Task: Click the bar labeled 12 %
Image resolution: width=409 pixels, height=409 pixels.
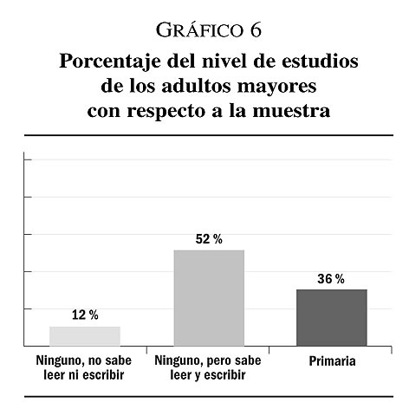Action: pyautogui.click(x=85, y=336)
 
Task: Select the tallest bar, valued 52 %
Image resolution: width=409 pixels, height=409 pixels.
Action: pyautogui.click(x=209, y=298)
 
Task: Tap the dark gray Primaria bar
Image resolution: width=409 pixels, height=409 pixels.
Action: pyautogui.click(x=332, y=318)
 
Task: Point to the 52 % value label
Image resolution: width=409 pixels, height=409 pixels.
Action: pyautogui.click(x=209, y=239)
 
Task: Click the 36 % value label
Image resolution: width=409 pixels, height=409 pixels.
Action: pyautogui.click(x=331, y=279)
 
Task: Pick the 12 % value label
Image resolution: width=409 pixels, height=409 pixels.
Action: pyautogui.click(x=85, y=315)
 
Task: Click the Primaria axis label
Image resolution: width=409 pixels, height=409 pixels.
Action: pyautogui.click(x=332, y=361)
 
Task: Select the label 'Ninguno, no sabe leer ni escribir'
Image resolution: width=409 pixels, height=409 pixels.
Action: pyautogui.click(x=84, y=367)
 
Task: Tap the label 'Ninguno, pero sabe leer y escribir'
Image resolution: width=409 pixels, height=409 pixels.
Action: pyautogui.click(x=208, y=367)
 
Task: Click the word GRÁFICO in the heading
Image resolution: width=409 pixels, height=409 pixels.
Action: pyautogui.click(x=199, y=30)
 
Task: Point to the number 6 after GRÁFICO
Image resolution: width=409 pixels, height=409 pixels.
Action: pyautogui.click(x=256, y=30)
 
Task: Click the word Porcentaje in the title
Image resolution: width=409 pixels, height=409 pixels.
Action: pyautogui.click(x=110, y=62)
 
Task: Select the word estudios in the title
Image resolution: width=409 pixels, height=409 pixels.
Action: pyautogui.click(x=320, y=61)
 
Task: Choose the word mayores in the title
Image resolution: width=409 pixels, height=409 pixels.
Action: pyautogui.click(x=277, y=88)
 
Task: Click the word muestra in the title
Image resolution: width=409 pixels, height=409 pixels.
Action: pyautogui.click(x=291, y=111)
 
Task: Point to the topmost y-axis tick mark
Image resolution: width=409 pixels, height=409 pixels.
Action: pyautogui.click(x=28, y=159)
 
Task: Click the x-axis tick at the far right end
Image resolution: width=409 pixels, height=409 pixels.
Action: pyautogui.click(x=392, y=350)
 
